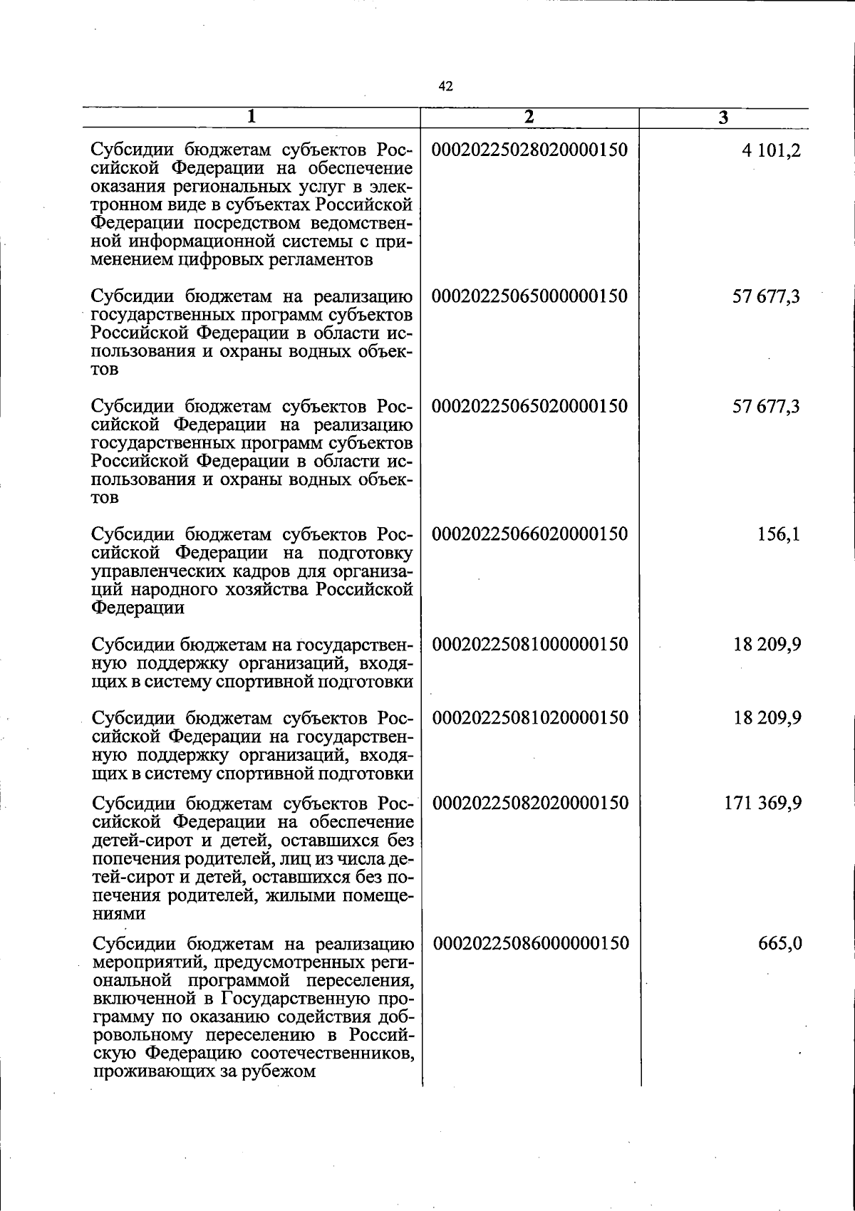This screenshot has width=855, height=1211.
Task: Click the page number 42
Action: click(x=445, y=87)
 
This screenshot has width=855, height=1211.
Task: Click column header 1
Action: click(x=251, y=118)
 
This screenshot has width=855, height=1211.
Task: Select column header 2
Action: click(x=529, y=118)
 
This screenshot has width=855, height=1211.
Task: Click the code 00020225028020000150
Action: click(x=530, y=150)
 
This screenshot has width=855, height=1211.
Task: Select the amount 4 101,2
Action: click(x=771, y=150)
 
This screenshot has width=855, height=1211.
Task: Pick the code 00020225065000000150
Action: click(x=530, y=296)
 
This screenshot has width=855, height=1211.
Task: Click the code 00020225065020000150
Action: click(x=530, y=407)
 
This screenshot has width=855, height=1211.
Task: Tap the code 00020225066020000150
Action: click(x=530, y=534)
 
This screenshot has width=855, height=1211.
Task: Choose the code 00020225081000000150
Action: click(x=531, y=645)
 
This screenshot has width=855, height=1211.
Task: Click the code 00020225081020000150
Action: click(x=531, y=717)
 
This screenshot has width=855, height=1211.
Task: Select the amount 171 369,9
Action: click(x=762, y=804)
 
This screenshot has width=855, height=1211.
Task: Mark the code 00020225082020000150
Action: click(x=531, y=804)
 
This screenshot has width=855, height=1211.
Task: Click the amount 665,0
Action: click(x=780, y=944)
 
